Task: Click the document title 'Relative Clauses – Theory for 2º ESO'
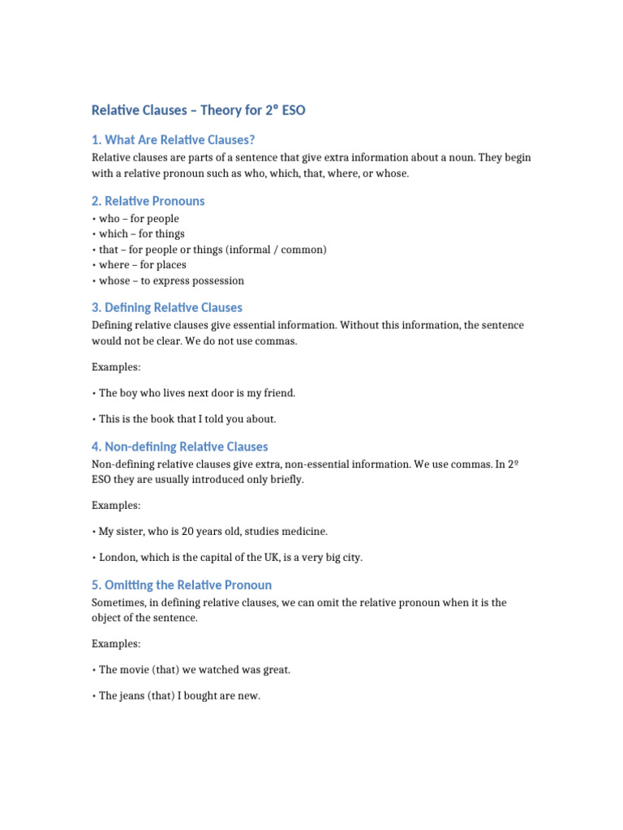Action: click(x=198, y=110)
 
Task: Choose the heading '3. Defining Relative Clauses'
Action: click(x=166, y=307)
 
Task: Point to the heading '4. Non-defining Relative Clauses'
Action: click(x=179, y=447)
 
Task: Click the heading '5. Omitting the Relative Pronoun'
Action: click(x=181, y=584)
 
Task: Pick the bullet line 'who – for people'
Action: click(x=138, y=219)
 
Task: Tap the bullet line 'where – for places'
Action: click(x=142, y=265)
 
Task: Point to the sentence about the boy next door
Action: click(x=196, y=393)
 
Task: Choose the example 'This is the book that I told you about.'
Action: click(x=187, y=419)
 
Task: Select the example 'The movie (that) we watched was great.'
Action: click(x=194, y=670)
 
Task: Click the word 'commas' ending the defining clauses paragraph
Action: click(x=278, y=341)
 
